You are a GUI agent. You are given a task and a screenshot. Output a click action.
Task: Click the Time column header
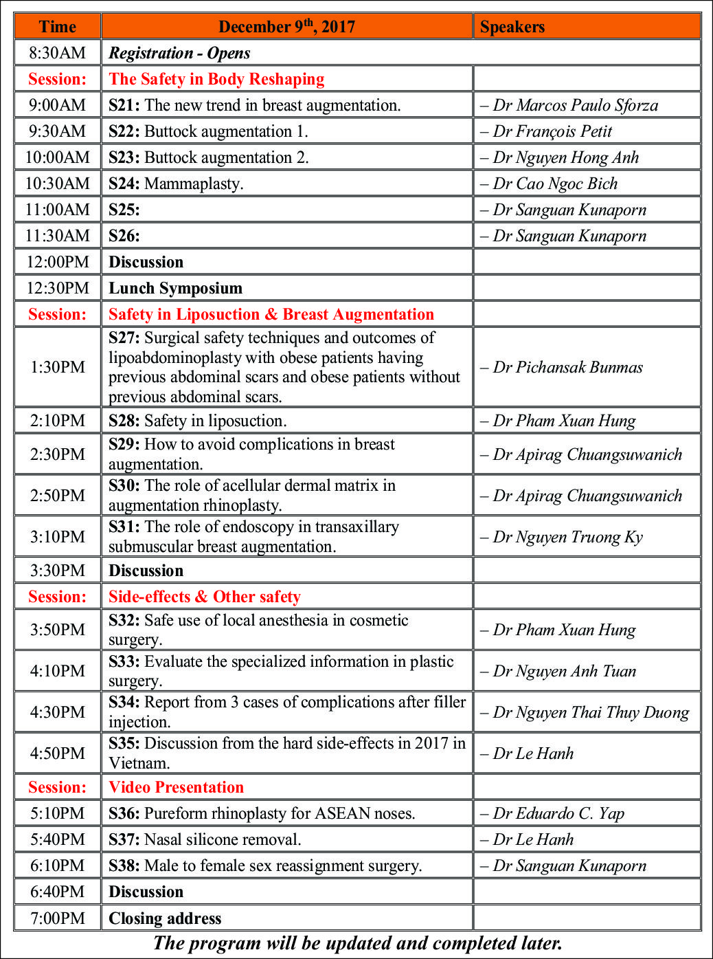58,27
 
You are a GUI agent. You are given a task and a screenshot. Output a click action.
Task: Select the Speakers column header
512,27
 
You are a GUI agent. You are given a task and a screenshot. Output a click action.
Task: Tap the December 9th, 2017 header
286,27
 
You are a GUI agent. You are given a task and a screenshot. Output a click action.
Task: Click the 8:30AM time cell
58,53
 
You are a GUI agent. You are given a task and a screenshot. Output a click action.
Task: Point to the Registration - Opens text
179,53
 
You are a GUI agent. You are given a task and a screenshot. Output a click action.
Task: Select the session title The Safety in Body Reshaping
216,79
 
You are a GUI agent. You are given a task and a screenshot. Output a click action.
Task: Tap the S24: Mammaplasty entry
176,184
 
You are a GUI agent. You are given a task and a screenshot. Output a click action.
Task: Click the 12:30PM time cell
58,288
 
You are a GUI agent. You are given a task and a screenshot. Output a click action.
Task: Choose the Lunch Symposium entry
175,288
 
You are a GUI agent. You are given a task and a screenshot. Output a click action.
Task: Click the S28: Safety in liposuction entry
198,421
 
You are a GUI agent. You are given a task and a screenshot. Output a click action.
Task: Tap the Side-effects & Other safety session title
205,597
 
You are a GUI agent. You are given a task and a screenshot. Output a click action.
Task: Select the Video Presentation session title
176,787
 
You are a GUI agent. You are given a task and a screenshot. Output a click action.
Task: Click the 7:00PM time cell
58,918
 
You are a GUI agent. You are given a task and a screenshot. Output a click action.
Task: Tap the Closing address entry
165,918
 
